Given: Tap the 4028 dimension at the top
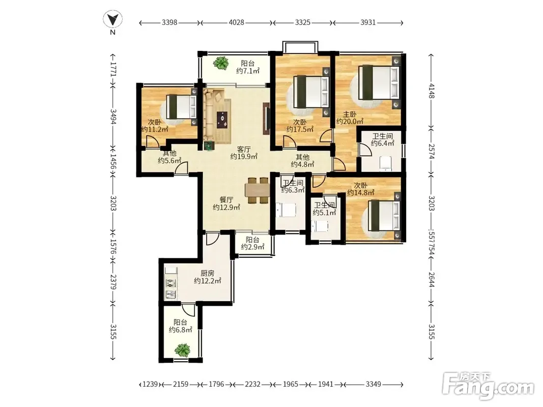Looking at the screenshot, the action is (237, 22).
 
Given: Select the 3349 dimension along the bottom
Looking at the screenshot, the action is (374, 384).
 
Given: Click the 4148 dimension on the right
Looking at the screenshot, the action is (431, 91).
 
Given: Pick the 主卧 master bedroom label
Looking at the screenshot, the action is (350, 114).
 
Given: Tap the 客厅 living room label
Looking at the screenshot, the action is (244, 150).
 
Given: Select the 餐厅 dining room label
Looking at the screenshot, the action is (226, 200).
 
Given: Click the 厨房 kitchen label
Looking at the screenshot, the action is (207, 273).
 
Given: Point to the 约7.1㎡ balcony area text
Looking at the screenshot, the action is (248, 71).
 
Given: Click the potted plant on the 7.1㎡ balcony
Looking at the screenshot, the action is (220, 63).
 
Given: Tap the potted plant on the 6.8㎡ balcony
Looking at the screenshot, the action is (183, 350).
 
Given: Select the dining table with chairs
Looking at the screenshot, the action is (258, 190).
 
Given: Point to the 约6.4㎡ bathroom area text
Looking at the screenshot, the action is (383, 143).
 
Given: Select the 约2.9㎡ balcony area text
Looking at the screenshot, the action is (252, 247).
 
